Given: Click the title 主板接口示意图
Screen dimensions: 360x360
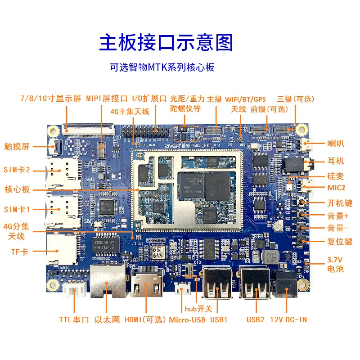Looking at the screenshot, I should click(x=166, y=43).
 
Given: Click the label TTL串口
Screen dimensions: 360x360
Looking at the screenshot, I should click(x=72, y=320).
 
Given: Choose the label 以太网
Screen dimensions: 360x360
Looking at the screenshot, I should click(x=107, y=320).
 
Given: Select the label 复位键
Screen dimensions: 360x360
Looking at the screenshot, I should click(x=329, y=242).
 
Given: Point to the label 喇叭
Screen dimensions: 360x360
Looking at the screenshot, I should click(x=336, y=144).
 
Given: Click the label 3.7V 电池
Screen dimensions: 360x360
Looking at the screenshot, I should click(x=334, y=264).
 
